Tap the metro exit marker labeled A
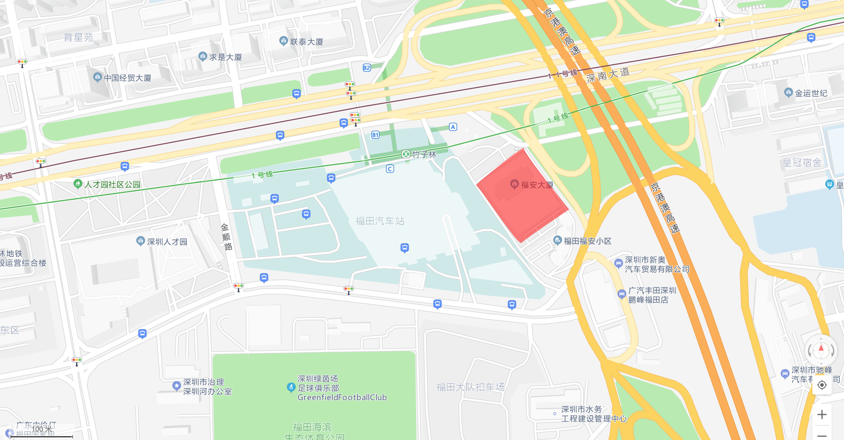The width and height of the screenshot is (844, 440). click(x=453, y=127)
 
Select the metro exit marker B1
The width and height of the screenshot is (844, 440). click(x=375, y=135)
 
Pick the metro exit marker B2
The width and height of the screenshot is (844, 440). click(x=367, y=68)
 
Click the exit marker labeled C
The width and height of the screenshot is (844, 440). click(x=389, y=169)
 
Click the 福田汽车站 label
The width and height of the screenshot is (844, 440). click(x=380, y=221)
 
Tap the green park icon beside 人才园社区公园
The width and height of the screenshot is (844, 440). click(x=78, y=184)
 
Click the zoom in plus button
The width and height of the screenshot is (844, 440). click(x=821, y=415)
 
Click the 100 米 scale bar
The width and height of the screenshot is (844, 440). click(x=42, y=436)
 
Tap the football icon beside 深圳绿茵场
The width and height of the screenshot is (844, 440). click(x=291, y=387)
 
